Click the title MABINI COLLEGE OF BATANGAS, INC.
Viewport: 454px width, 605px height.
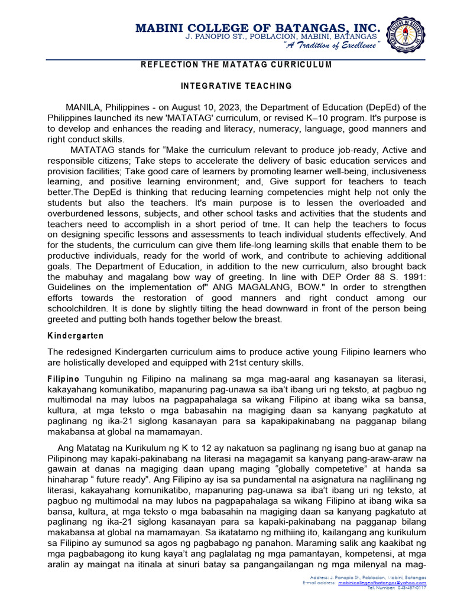point(258,27)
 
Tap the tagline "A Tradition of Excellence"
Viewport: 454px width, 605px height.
point(331,47)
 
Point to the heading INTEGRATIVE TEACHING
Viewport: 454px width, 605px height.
point(236,86)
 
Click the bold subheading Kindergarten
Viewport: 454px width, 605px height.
point(76,336)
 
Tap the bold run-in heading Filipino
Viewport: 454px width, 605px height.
point(63,378)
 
